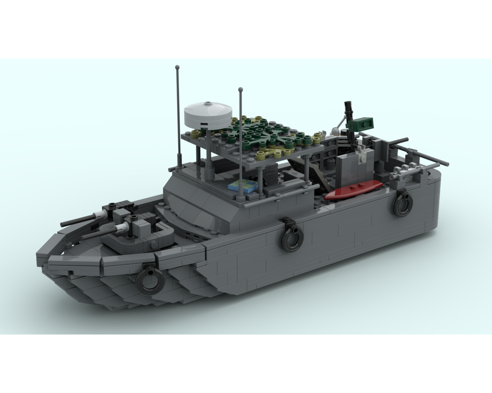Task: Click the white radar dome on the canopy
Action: pos(207,114)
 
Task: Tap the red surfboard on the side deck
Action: pos(353,190)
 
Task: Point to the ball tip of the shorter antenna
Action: pos(241,90)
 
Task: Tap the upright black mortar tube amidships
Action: pos(348,111)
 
